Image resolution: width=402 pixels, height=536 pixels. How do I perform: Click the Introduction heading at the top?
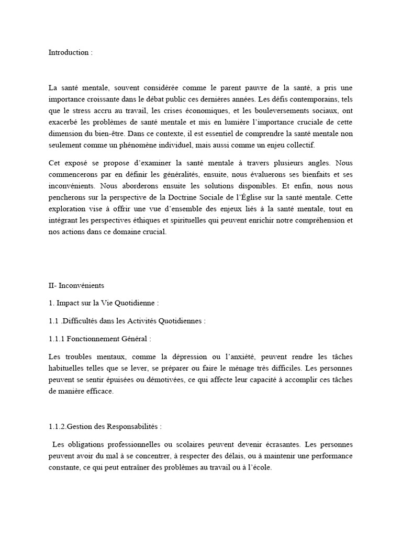70,52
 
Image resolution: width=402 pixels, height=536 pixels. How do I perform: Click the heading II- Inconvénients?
76,285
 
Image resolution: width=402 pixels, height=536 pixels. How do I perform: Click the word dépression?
196,356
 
